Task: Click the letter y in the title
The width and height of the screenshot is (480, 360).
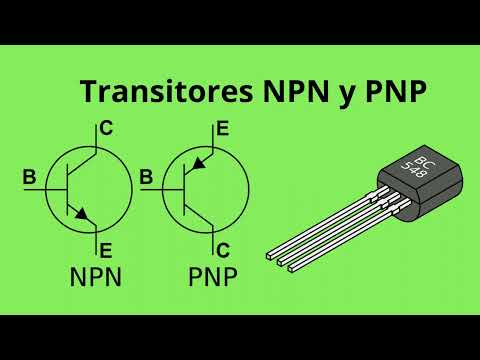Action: pyautogui.click(x=334, y=95)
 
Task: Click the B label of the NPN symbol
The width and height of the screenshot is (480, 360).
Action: pyautogui.click(x=29, y=178)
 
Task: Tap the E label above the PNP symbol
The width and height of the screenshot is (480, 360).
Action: pyautogui.click(x=222, y=128)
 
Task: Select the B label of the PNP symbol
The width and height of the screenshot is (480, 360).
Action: pyautogui.click(x=146, y=178)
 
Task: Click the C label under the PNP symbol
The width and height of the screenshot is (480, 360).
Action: pyautogui.click(x=222, y=249)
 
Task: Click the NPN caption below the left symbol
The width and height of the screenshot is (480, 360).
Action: pyautogui.click(x=96, y=277)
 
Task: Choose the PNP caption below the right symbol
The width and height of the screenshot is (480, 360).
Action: pyautogui.click(x=213, y=277)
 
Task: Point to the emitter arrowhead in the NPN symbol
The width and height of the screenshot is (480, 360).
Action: pyautogui.click(x=84, y=214)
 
